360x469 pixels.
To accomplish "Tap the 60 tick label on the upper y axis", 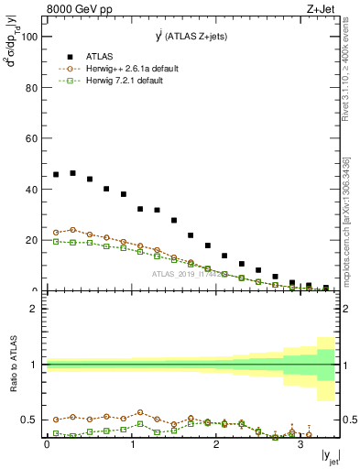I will (x=33, y=139).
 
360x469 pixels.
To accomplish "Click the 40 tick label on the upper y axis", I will (x=33, y=190).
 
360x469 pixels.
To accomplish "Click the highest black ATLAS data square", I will (x=72, y=172).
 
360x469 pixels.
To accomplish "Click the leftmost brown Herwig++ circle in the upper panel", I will (x=56, y=233).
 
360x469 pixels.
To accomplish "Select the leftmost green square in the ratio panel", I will (x=56, y=432).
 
